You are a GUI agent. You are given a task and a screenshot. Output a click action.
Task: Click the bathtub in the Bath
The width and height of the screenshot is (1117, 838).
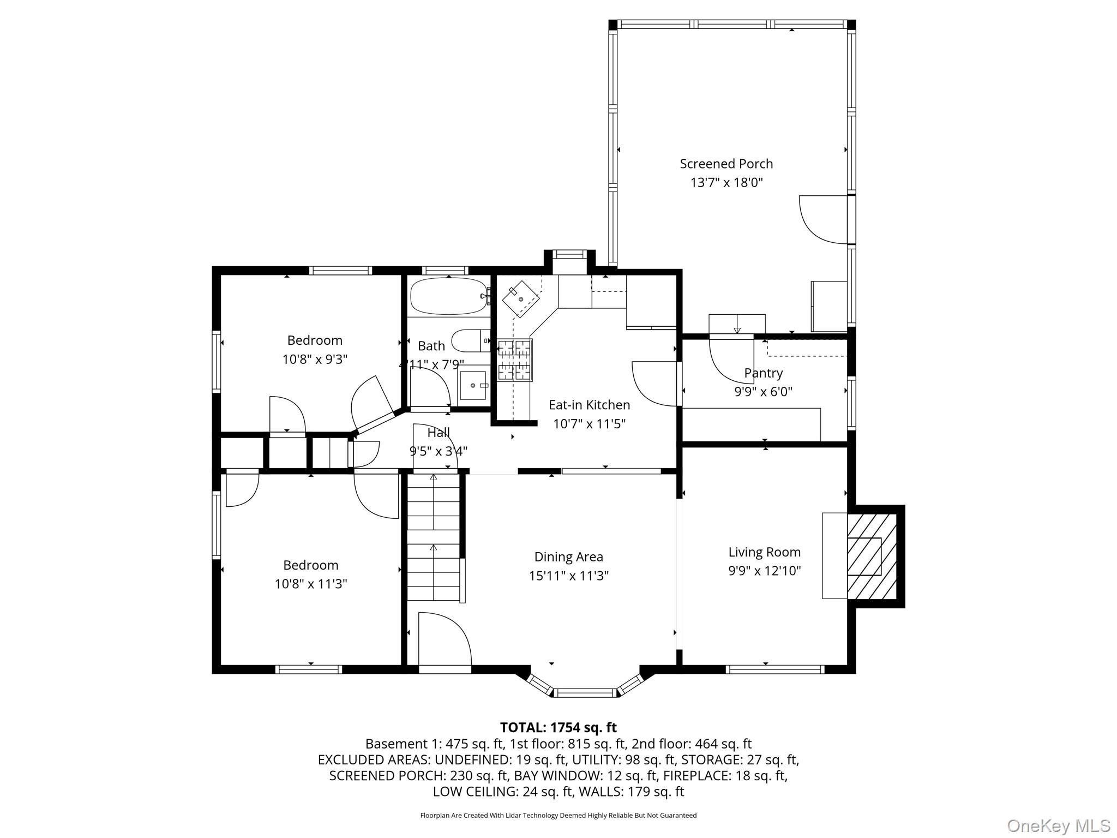[449, 296]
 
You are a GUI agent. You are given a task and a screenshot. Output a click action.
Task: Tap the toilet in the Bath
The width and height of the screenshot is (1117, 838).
[471, 340]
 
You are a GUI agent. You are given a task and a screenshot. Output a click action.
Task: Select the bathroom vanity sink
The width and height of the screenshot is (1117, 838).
[473, 385]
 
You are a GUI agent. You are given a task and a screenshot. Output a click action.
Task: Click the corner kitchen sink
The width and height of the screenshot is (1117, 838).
[521, 300]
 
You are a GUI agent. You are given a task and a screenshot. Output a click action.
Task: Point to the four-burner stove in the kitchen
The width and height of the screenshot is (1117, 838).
[514, 360]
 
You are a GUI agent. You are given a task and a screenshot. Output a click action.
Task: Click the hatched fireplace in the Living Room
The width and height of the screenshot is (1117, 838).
[872, 556]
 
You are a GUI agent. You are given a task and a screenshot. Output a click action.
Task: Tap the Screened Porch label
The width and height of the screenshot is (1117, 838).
[726, 164]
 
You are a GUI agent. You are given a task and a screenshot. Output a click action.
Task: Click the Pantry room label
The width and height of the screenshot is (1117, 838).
[763, 373]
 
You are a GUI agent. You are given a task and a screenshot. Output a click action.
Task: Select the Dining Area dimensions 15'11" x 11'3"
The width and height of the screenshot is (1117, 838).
[568, 576]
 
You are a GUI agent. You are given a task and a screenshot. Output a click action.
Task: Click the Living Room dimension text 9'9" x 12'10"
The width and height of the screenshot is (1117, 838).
[764, 571]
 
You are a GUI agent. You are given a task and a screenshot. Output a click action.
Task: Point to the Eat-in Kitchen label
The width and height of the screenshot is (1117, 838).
[589, 405]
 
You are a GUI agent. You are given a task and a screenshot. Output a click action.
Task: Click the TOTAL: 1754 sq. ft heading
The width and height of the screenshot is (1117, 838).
[558, 727]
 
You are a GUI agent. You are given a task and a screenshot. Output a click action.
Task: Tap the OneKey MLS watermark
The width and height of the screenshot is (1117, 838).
[1059, 825]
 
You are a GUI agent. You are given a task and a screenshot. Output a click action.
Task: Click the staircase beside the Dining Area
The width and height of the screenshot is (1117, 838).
[434, 537]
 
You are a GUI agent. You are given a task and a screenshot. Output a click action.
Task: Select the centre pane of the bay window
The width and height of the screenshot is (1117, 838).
[585, 693]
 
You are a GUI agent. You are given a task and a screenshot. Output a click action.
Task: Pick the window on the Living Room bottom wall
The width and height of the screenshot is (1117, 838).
[774, 669]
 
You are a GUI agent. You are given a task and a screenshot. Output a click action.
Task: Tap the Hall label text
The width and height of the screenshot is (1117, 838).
[439, 433]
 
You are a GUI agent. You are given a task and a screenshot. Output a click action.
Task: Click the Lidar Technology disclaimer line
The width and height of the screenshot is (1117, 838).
[558, 815]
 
